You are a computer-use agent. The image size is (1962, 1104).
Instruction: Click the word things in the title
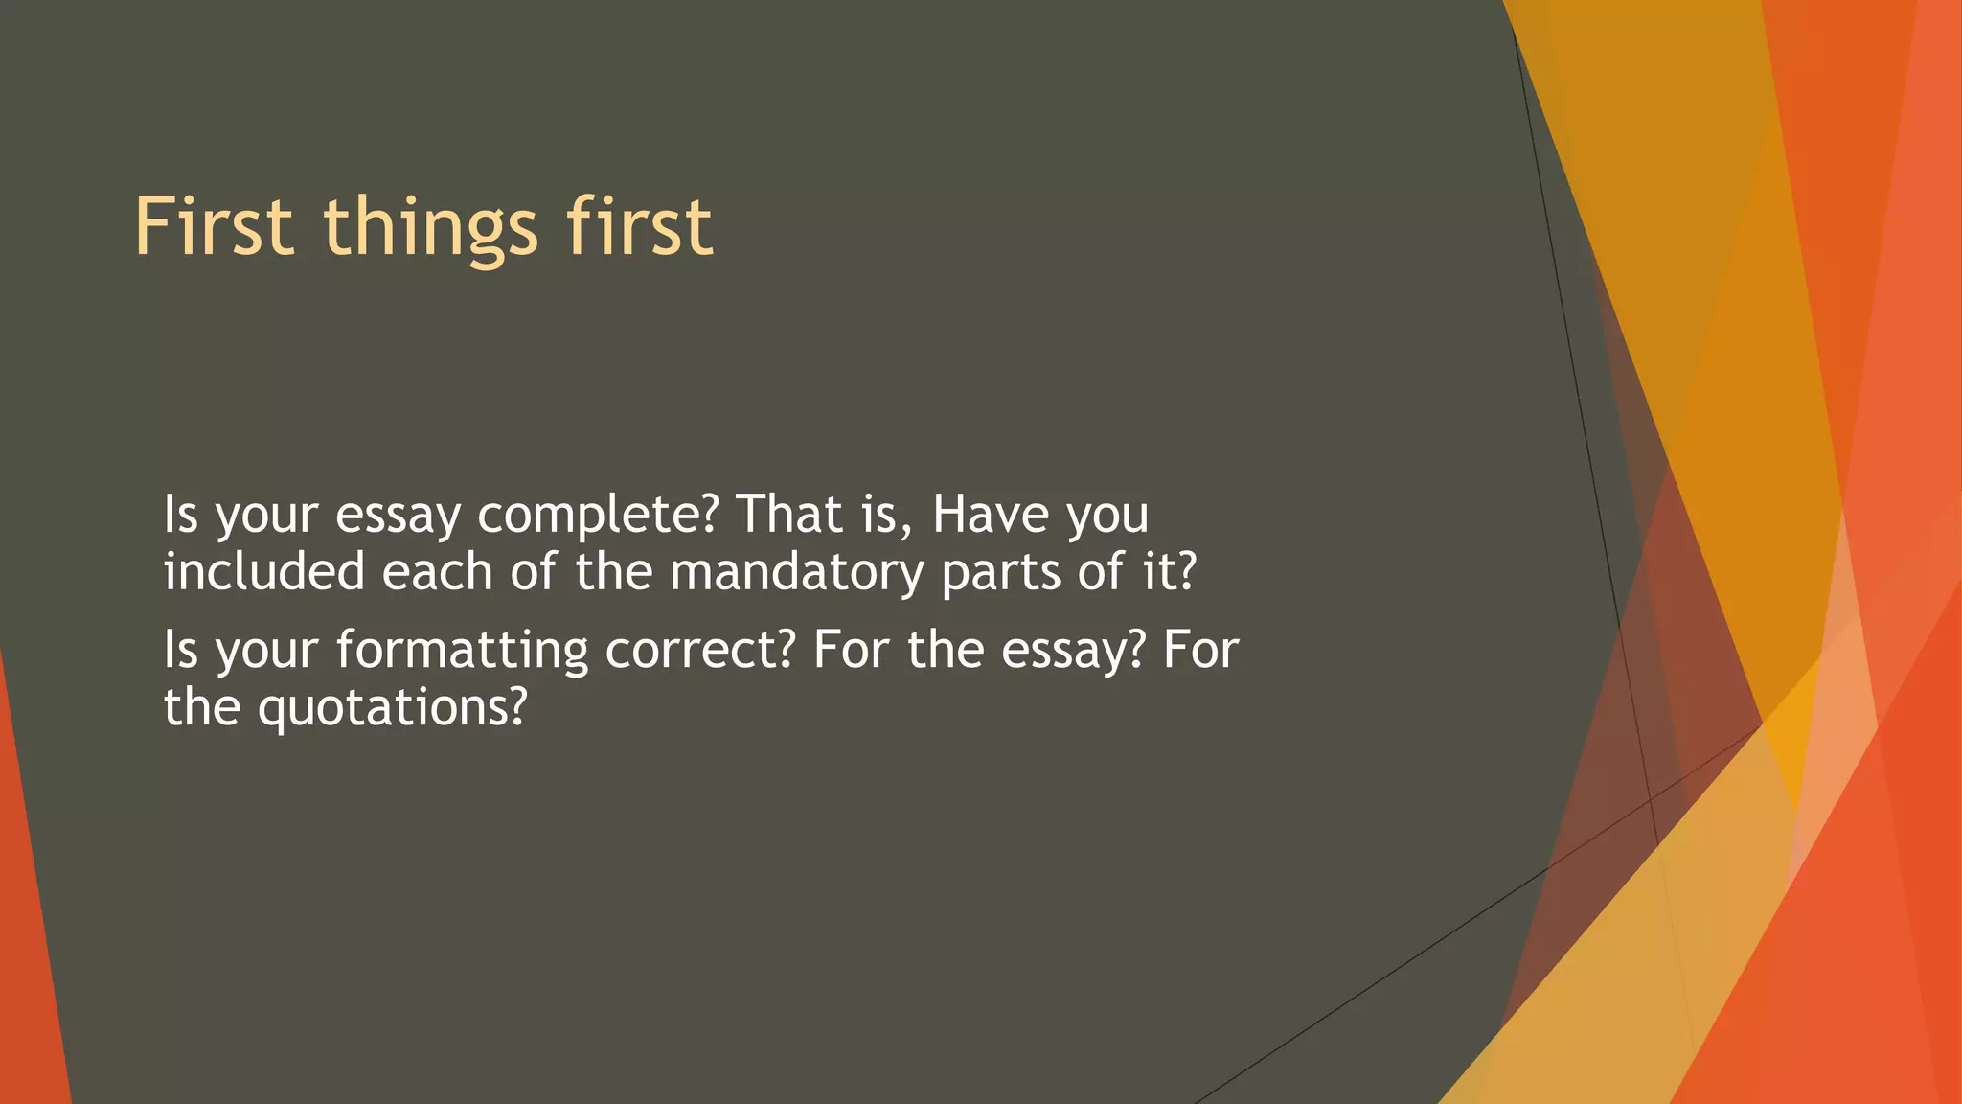click(x=430, y=227)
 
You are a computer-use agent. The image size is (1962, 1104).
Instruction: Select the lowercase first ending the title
click(x=639, y=227)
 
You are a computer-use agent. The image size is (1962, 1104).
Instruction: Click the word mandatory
click(x=796, y=573)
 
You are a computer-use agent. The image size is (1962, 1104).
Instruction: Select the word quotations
click(x=392, y=708)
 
